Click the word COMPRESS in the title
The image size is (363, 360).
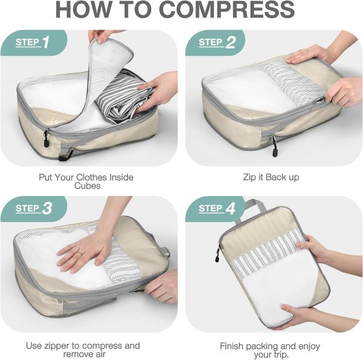coord(227,9)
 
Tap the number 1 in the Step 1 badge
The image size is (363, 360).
coord(46,42)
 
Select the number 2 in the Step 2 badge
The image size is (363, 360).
coord(231,42)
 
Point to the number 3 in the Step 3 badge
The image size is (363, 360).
coord(47,208)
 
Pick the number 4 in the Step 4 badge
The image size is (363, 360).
coord(231,208)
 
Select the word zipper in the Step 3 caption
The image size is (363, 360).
coord(57,345)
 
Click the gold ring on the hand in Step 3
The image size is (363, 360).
coord(79,253)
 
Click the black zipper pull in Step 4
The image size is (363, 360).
coord(218,255)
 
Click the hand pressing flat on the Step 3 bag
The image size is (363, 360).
coord(84,252)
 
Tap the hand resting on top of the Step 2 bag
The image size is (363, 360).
coord(306,55)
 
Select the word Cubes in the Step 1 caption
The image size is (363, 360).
coord(88,186)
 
